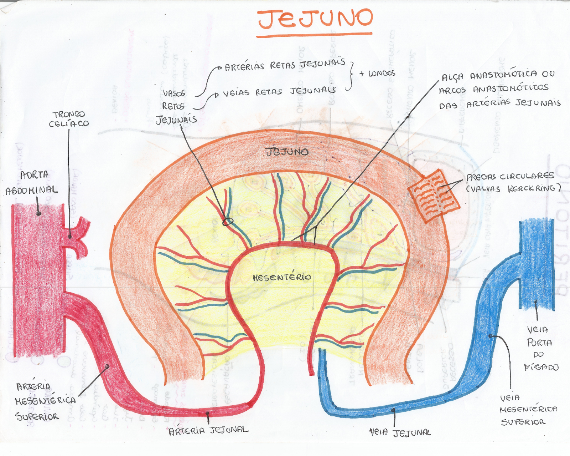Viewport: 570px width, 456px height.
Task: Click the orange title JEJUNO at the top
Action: [x=315, y=19]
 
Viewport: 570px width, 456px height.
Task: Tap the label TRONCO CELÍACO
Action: [x=69, y=119]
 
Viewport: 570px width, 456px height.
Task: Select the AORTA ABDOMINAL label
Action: [x=32, y=182]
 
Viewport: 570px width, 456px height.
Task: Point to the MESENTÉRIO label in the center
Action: [x=282, y=277]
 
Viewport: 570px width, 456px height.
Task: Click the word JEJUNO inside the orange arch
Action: [x=287, y=152]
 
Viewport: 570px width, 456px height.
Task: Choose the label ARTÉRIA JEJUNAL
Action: [x=208, y=430]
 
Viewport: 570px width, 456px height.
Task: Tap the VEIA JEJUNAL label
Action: [x=400, y=432]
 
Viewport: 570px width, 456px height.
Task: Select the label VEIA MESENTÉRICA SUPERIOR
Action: [x=528, y=410]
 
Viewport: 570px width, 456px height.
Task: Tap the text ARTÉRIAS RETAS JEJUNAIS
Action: [x=285, y=65]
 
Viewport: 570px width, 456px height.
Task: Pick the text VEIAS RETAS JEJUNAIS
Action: [x=280, y=91]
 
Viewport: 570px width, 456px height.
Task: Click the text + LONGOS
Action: [x=377, y=74]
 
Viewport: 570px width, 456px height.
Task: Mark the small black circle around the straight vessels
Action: [x=228, y=222]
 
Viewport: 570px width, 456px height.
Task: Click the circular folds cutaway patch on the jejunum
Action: [x=434, y=196]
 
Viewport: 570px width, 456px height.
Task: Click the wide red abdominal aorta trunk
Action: [x=37, y=282]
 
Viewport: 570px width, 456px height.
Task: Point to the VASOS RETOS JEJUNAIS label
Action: [x=175, y=106]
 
